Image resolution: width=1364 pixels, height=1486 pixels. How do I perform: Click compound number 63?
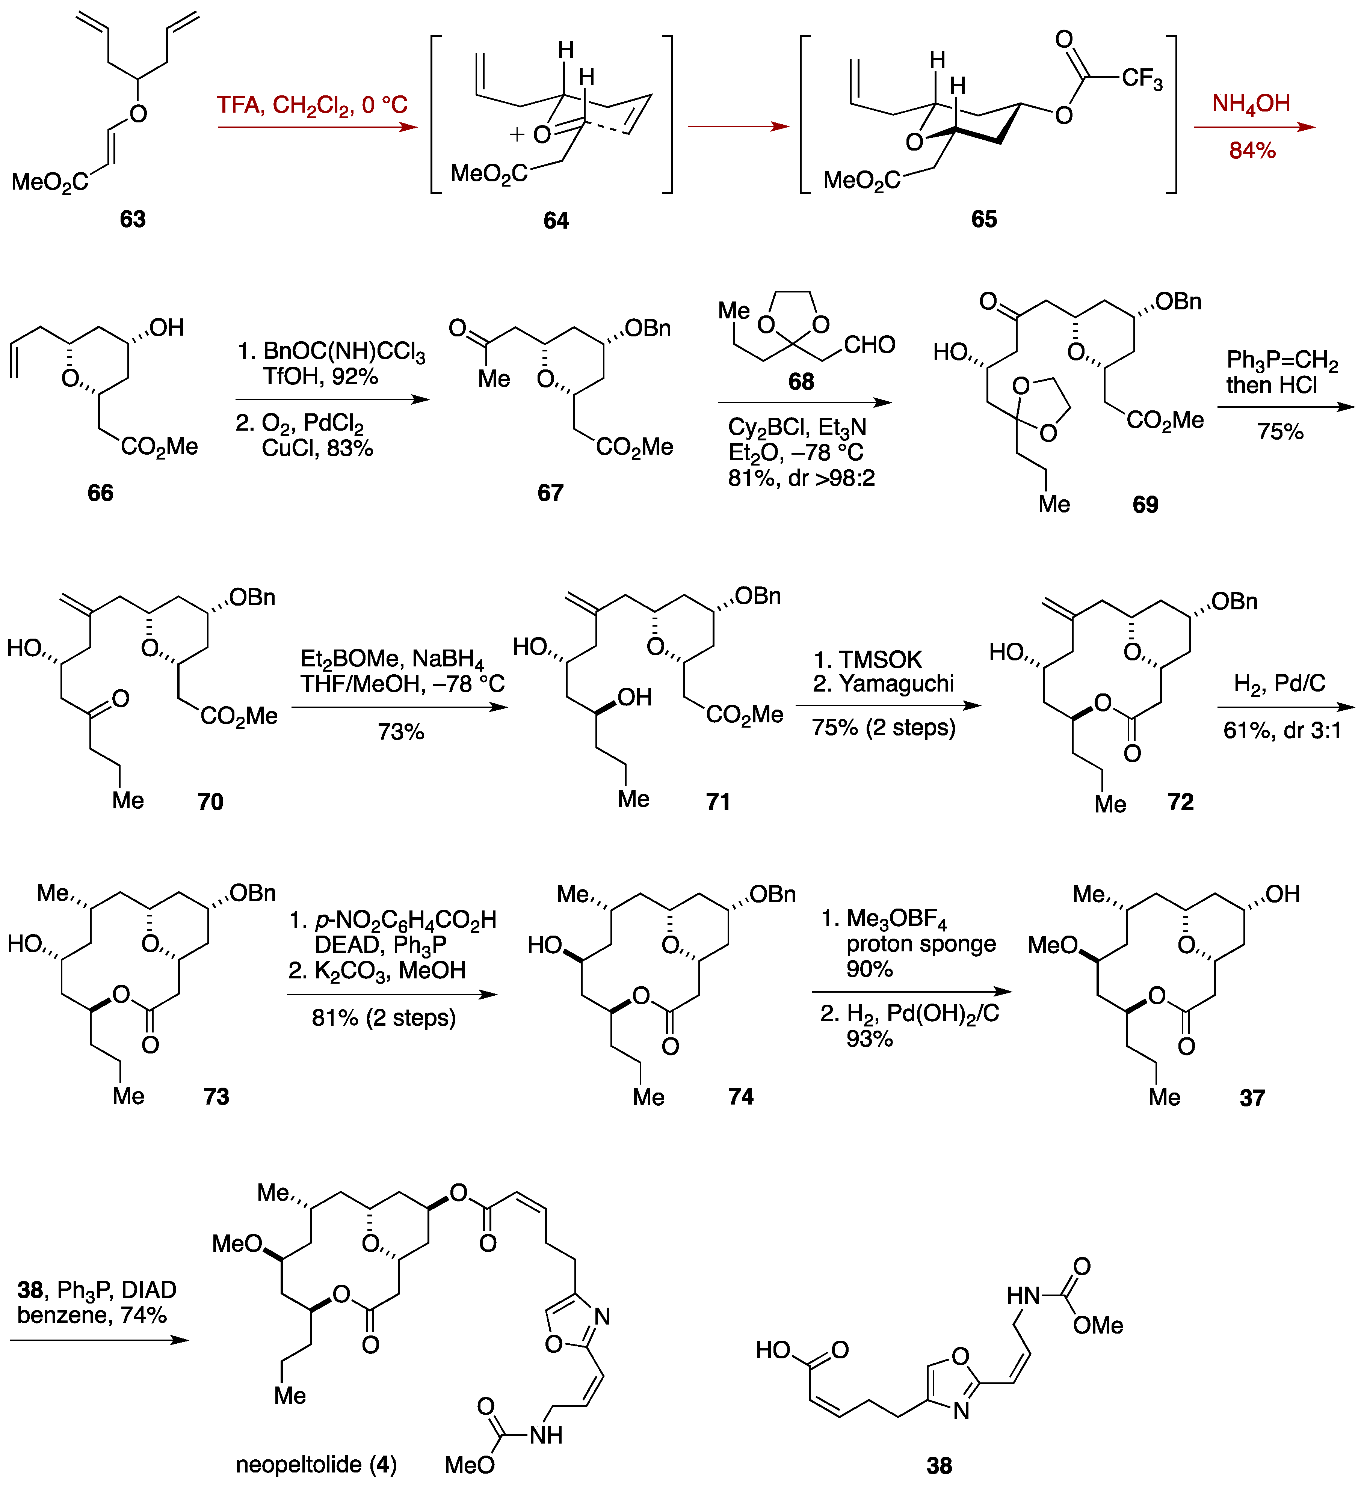tap(133, 219)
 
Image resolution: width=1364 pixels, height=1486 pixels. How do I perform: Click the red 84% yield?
tap(1252, 151)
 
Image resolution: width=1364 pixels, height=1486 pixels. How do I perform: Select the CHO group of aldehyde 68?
tap(870, 345)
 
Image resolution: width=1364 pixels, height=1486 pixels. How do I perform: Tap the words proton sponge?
tap(921, 944)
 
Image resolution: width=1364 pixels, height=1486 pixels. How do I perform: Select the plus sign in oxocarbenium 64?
tap(517, 135)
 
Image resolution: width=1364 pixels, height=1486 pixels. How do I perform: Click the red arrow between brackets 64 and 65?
tap(738, 127)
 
